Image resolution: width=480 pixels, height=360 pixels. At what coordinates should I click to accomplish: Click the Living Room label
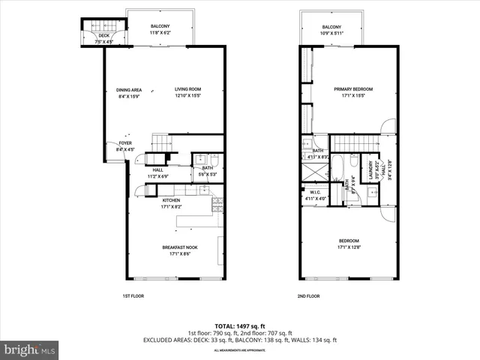click(188, 88)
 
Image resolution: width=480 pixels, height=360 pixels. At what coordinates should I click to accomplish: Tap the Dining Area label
click(129, 88)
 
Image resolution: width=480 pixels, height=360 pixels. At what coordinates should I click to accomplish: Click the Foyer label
click(124, 142)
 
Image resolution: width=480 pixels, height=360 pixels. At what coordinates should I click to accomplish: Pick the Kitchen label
click(171, 200)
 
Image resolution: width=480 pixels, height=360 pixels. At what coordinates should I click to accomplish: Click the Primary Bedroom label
click(353, 88)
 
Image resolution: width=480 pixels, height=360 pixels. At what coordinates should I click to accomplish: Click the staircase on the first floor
click(161, 142)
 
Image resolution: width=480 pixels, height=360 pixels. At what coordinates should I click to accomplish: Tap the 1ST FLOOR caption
click(133, 296)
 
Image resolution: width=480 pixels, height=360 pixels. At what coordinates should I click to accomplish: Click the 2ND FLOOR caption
click(308, 296)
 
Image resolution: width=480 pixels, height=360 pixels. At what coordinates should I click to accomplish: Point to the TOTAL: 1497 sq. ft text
click(239, 325)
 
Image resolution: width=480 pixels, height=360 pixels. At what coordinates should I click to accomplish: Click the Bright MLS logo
click(30, 349)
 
